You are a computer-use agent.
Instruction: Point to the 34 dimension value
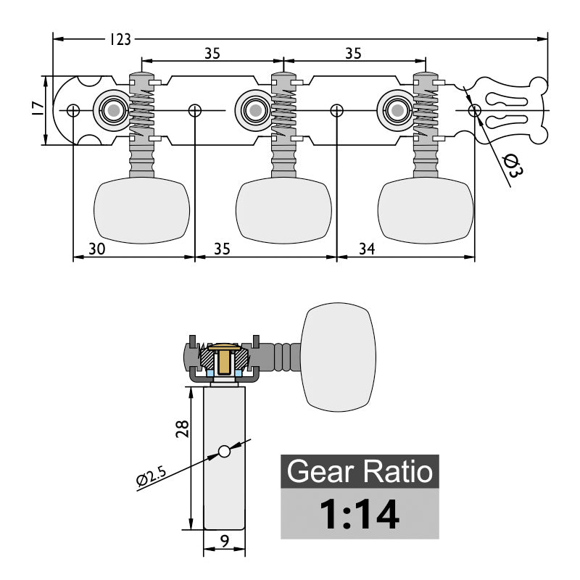367,249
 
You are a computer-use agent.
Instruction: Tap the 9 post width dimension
225,539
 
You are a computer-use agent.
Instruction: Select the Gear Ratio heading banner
360,471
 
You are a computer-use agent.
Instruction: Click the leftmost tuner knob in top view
142,210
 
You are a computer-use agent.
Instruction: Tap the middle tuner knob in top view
283,210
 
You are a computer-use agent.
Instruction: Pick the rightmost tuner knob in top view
426,210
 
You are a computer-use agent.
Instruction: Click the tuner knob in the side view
339,355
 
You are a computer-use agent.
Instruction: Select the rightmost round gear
395,109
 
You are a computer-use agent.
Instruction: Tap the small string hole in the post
224,452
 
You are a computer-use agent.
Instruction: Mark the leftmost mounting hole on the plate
73,110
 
